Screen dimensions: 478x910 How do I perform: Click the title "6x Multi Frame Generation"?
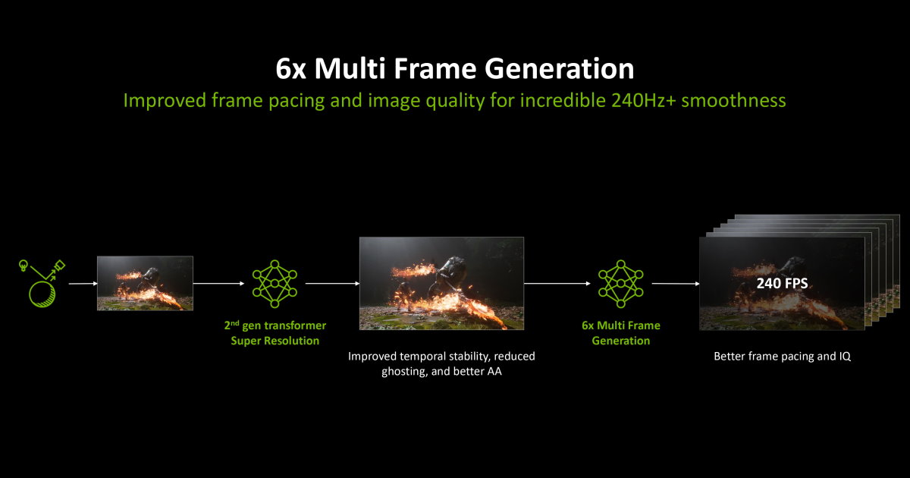[x=454, y=69]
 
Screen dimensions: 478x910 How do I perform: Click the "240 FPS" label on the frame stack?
[x=781, y=284]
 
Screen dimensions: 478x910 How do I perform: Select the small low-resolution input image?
[x=145, y=283]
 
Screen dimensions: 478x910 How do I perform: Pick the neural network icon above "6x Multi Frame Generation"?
[x=620, y=283]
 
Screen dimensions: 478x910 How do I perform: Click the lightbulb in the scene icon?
[x=24, y=266]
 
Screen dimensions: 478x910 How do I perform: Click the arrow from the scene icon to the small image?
[x=82, y=284]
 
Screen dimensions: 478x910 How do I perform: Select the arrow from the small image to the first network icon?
[x=221, y=284]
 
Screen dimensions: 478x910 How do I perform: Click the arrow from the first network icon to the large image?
[x=331, y=284]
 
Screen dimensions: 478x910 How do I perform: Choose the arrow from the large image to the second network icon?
[x=557, y=284]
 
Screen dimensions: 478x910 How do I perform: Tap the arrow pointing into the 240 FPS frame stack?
[x=675, y=284]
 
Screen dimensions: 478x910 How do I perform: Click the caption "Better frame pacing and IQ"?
[x=782, y=356]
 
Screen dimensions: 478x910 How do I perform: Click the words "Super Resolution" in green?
[x=275, y=341]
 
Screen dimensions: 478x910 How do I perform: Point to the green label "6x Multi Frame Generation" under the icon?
[x=620, y=333]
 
